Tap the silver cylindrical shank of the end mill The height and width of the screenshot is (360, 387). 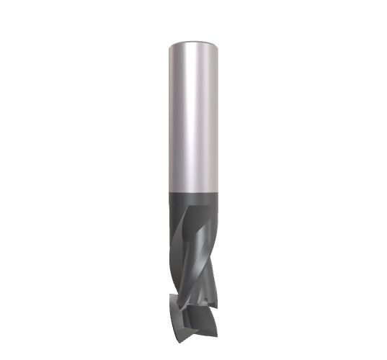point(192,115)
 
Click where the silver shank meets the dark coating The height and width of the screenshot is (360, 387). point(192,192)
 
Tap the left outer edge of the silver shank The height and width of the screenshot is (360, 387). point(169,115)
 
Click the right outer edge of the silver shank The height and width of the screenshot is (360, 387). point(217,115)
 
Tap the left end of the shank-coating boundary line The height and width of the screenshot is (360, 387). point(169,191)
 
